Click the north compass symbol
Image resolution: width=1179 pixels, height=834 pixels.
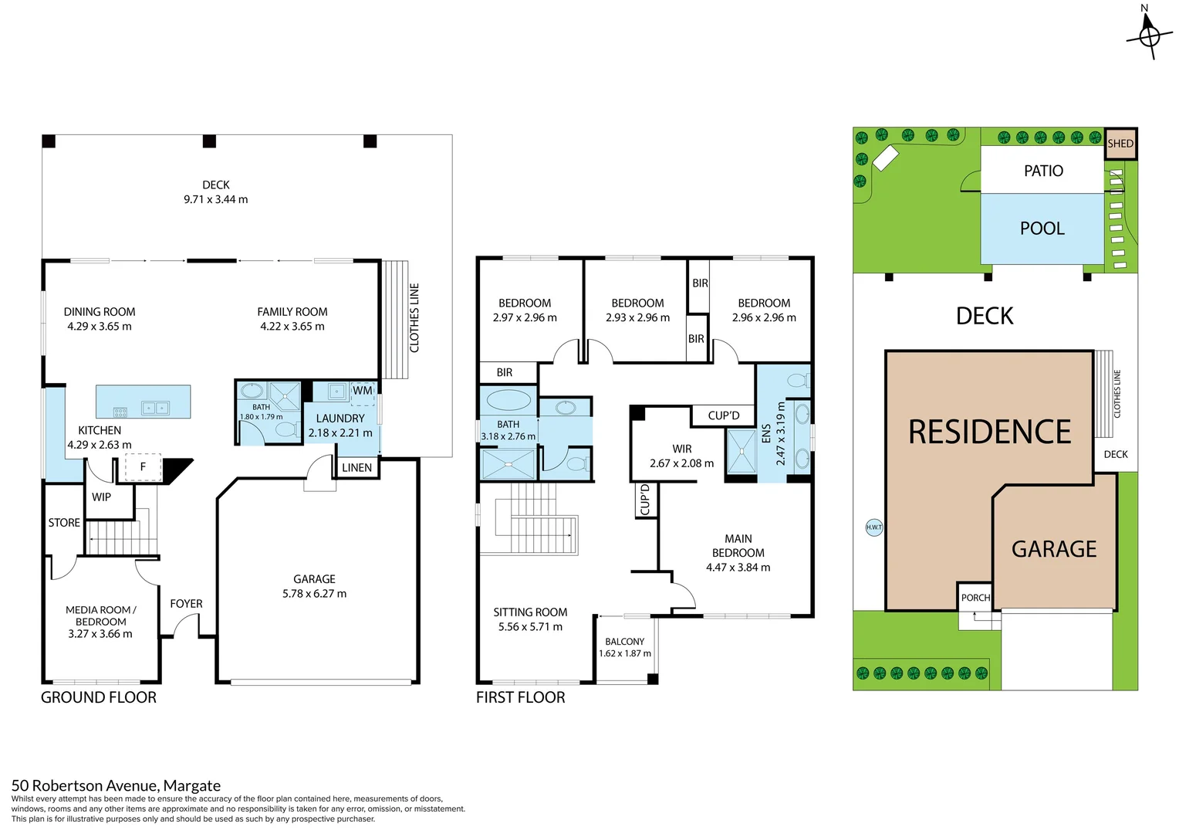click(x=1149, y=36)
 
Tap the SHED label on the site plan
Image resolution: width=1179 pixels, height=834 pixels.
click(x=1120, y=144)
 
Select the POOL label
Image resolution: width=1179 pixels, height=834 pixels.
click(x=1042, y=229)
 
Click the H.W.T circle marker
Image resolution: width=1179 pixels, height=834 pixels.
click(x=873, y=527)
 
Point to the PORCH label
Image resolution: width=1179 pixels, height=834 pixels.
click(x=975, y=598)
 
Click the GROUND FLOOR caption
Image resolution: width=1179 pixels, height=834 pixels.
click(x=99, y=697)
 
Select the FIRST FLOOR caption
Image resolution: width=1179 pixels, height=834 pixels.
click(x=520, y=697)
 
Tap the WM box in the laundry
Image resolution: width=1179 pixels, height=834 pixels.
click(x=363, y=391)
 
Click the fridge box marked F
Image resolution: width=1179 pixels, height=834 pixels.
click(x=143, y=466)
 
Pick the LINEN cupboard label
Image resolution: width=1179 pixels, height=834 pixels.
click(x=356, y=467)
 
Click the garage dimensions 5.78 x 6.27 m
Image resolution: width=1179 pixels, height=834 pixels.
click(x=314, y=594)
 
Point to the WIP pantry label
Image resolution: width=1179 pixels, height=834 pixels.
click(x=101, y=497)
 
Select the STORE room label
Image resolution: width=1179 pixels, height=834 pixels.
click(x=64, y=523)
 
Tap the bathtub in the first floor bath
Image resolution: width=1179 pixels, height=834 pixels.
click(x=508, y=400)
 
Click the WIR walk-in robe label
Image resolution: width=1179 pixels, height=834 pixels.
click(x=681, y=449)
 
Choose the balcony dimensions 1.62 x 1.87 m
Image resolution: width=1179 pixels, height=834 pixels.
click(x=624, y=653)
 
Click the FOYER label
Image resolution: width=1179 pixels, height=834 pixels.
click(x=186, y=604)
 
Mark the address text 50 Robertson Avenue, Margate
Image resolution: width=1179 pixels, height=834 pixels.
click(x=116, y=785)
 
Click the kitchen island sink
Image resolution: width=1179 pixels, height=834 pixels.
click(x=155, y=408)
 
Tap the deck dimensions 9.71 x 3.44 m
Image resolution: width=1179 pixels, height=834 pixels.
click(x=215, y=199)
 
